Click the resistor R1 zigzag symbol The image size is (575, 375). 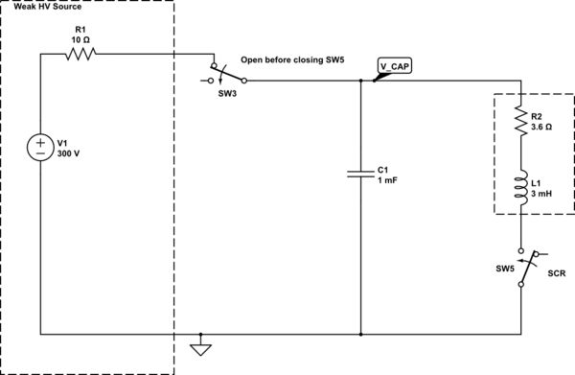coord(81,56)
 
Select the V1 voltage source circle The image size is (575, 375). coord(40,149)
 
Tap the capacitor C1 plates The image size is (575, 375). coord(360,174)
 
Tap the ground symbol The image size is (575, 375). coord(199,346)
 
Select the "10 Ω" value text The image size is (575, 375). coord(80,39)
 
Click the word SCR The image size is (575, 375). coord(557,273)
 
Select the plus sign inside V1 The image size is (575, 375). coord(40,143)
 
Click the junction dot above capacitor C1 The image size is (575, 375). coord(360,81)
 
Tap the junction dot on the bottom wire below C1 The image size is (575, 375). coord(360,336)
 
